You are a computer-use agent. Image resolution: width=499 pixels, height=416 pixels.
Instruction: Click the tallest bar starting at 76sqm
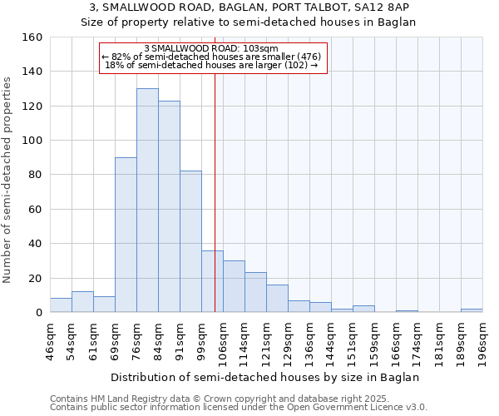[147, 201]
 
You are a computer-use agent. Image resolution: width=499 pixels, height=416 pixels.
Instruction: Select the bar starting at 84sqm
[169, 206]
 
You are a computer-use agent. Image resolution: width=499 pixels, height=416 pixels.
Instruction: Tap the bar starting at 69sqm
[126, 235]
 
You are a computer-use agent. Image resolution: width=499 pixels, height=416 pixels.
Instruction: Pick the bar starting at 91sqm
[190, 241]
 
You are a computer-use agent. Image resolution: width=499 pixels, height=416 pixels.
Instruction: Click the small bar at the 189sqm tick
[472, 310]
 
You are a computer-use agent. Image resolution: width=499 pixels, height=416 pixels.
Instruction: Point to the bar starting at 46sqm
[61, 305]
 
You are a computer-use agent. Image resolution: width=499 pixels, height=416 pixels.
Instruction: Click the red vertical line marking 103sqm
[215, 191]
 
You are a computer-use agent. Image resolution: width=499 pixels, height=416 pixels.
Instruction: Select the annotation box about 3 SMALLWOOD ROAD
[213, 57]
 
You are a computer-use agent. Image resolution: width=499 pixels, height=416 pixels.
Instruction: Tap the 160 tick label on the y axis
[32, 37]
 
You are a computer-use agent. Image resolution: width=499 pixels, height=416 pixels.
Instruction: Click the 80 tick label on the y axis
[36, 175]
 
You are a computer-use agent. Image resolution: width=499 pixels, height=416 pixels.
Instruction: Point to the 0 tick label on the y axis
[39, 313]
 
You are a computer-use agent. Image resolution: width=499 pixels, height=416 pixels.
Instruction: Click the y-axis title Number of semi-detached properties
[8, 176]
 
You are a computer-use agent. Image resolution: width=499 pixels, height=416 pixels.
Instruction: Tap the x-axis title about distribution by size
[265, 378]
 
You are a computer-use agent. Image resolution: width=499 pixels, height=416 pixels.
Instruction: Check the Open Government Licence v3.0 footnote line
[239, 408]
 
